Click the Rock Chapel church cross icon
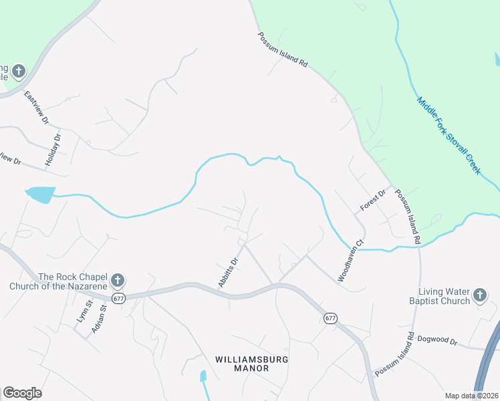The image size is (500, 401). [117, 280]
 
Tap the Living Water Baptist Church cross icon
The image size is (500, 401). [479, 295]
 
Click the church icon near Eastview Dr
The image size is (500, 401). [18, 70]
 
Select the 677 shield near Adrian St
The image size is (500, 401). [119, 299]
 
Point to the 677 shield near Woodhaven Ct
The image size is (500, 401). [330, 318]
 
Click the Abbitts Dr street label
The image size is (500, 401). [228, 273]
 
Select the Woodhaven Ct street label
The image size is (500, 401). [351, 262]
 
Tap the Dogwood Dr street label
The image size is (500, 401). [436, 341]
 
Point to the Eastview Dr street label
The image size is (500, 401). [36, 108]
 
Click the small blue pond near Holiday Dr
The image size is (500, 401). [40, 194]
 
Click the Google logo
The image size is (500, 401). [22, 393]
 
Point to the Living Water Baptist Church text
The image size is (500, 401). [444, 296]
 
